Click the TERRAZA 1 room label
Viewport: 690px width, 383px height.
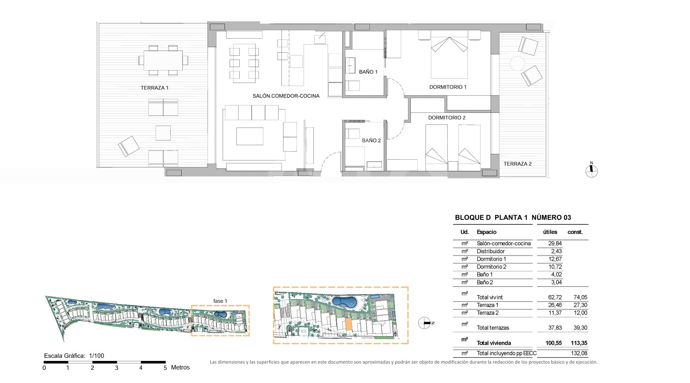154,88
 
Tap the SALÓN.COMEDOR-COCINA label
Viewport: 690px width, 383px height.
286,96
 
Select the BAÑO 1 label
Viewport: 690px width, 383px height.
368,72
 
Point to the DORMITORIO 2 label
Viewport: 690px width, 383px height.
447,117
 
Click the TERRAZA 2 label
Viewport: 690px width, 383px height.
518,164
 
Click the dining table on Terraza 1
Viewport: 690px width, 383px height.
163,60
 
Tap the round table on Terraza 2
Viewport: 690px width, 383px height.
517,64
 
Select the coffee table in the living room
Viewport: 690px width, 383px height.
250,136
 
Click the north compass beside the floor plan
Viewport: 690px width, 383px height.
591,170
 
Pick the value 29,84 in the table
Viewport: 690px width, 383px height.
555,243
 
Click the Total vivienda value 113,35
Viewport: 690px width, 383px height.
579,343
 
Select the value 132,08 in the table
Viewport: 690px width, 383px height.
579,353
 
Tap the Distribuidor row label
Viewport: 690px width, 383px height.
491,251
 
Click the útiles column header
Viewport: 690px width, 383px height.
550,232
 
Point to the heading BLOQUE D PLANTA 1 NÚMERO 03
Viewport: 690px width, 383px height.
513,217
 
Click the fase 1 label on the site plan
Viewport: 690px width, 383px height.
220,301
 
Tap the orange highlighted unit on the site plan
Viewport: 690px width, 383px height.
348,325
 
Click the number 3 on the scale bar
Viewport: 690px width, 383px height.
117,368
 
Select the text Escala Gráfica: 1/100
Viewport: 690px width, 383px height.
74,356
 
